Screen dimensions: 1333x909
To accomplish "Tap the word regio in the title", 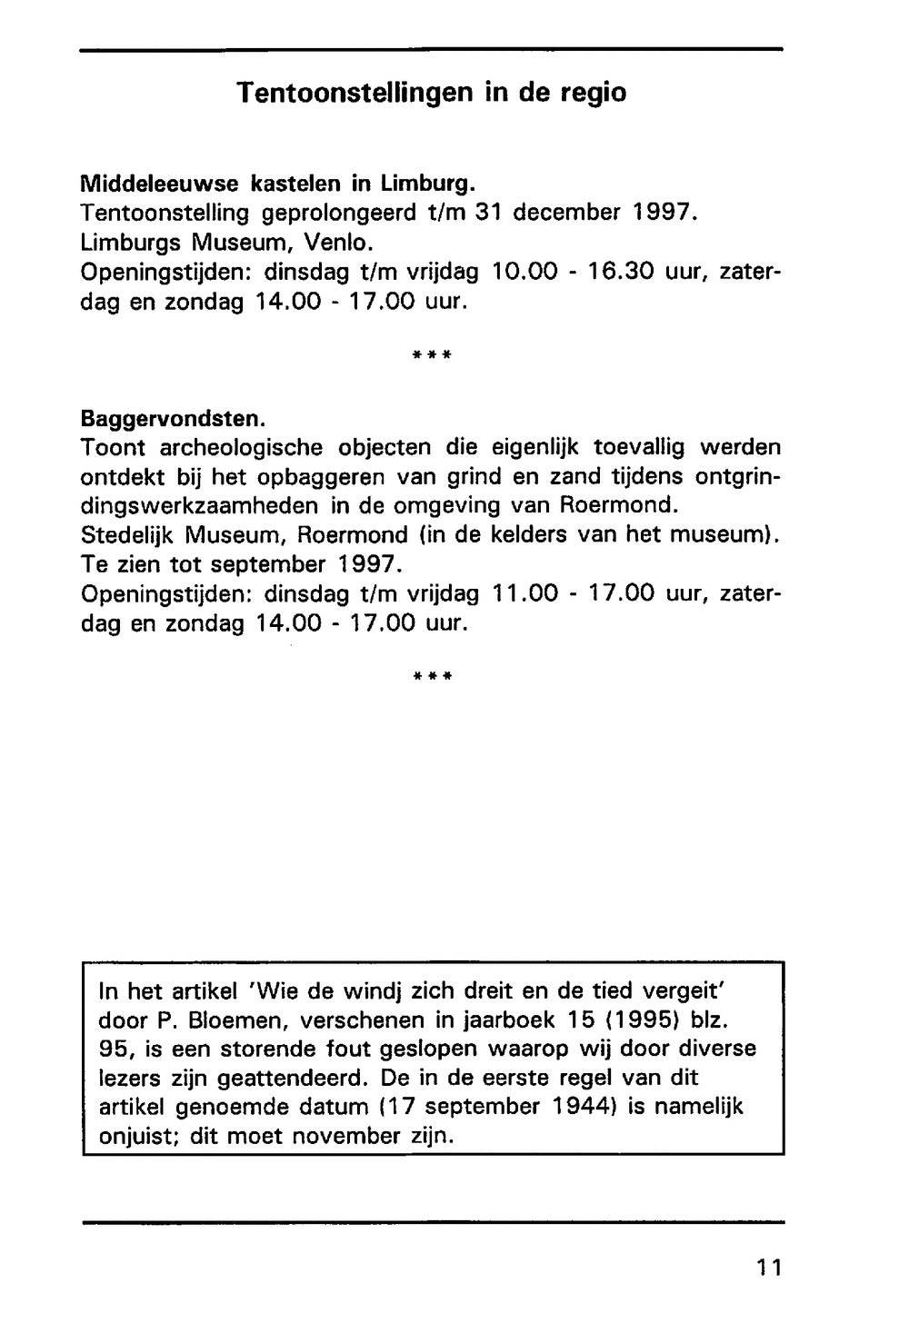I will (x=589, y=93).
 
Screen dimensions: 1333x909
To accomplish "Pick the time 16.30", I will (x=620, y=272).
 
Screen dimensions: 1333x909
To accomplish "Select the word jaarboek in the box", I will (x=508, y=1020).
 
